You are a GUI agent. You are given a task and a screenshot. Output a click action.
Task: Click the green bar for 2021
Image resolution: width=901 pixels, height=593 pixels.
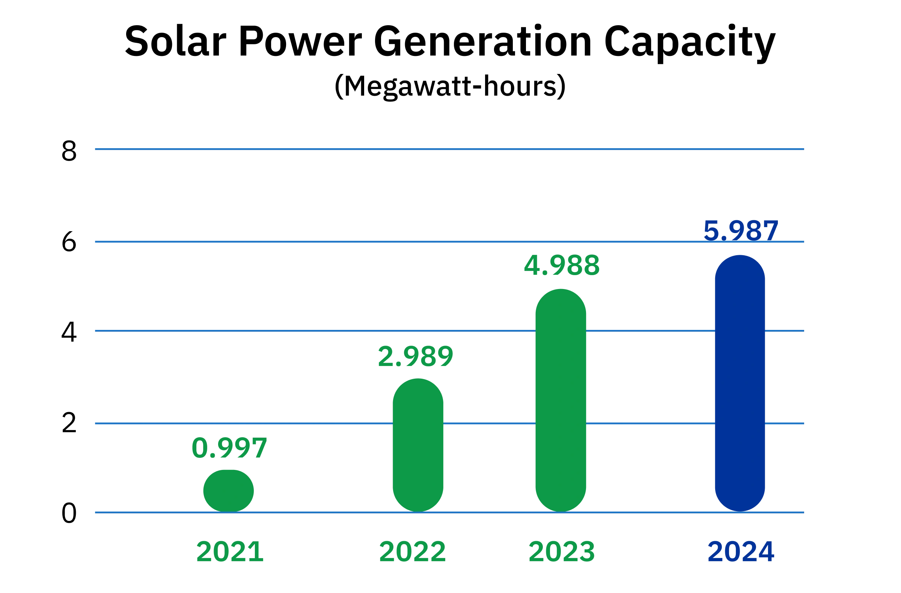[228, 490]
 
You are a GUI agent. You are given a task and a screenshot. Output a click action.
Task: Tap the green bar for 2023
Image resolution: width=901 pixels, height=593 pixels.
[561, 401]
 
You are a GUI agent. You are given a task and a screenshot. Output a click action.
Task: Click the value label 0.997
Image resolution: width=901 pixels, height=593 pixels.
[229, 448]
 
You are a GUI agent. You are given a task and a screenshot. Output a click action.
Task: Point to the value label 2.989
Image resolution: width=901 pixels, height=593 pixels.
[416, 356]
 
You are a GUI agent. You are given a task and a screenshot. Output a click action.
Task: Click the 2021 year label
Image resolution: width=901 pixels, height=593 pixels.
[229, 552]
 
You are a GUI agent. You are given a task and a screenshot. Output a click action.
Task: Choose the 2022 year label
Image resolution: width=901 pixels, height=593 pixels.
[413, 552]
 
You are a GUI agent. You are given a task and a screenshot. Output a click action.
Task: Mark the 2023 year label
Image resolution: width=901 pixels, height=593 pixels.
[561, 552]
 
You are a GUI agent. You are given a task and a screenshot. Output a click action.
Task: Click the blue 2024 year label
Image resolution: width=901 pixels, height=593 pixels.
[740, 552]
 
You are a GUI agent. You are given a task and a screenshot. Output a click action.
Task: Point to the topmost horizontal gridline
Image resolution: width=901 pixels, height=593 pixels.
[449, 149]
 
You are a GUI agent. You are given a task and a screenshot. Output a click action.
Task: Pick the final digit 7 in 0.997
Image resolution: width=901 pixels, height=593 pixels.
[258, 448]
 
